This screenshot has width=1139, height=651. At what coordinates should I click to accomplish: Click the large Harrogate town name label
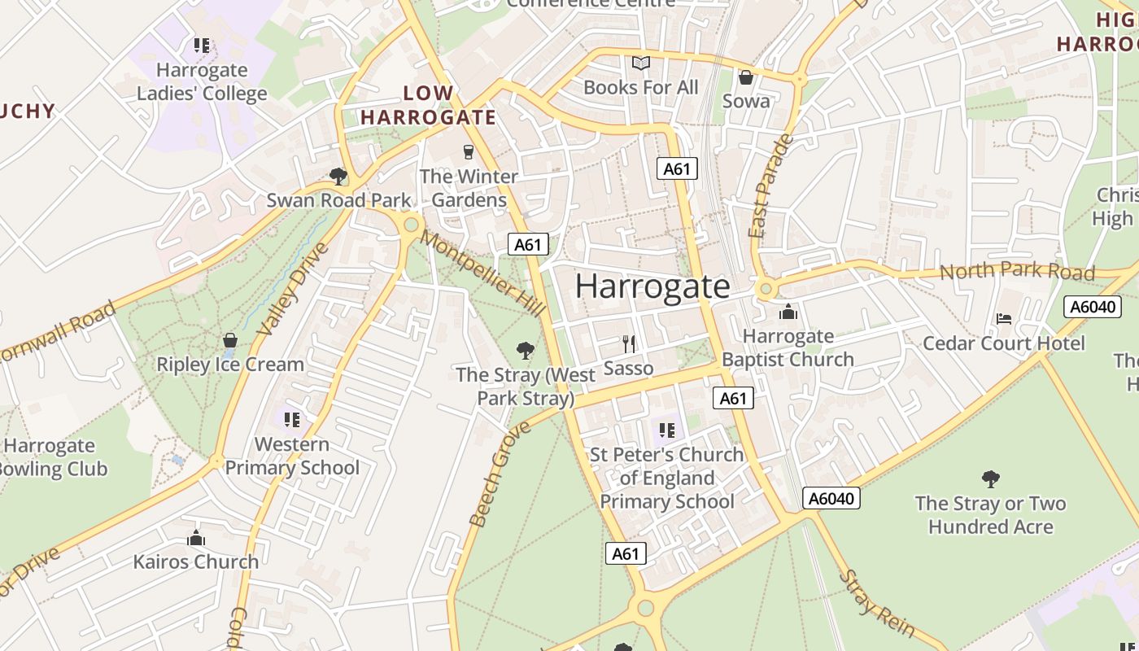(652, 286)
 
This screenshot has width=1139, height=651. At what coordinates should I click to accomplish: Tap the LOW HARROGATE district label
(428, 105)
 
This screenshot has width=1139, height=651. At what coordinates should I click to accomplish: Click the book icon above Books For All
(641, 63)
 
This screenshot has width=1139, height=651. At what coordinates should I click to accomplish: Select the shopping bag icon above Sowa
(745, 77)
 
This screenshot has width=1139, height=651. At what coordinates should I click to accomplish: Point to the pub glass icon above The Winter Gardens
(468, 151)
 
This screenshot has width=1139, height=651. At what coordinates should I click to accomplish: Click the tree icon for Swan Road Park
(338, 176)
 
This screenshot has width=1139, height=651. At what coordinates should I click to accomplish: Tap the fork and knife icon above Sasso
(627, 343)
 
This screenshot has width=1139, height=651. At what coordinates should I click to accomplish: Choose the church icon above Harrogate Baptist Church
(788, 312)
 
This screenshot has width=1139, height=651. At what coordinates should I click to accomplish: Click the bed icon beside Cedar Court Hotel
(1004, 319)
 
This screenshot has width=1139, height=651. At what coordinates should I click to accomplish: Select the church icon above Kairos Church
(195, 538)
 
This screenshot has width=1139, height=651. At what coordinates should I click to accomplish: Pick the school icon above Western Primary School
(291, 420)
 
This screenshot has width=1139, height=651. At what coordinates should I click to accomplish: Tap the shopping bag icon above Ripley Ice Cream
(230, 340)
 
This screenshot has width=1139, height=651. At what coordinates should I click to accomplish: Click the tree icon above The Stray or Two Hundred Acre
(990, 478)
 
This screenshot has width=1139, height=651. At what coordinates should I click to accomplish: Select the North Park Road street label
(1017, 271)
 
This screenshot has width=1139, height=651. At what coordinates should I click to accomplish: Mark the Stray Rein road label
(877, 605)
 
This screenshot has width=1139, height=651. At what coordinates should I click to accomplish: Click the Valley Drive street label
(294, 289)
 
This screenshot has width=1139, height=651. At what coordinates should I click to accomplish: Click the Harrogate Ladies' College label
(201, 82)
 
